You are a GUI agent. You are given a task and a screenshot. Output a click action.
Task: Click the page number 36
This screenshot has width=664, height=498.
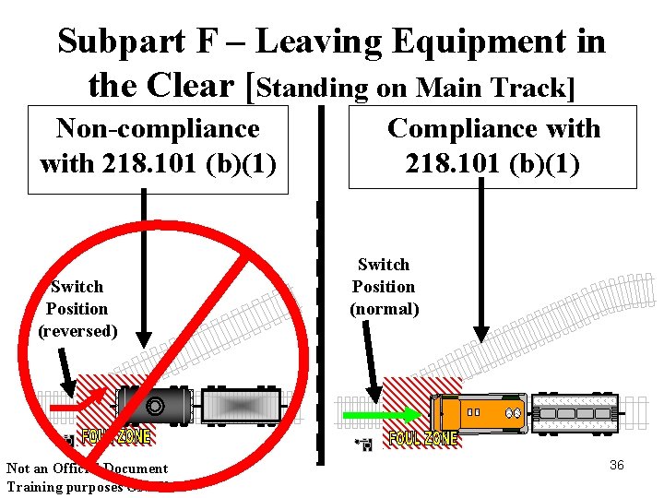click(617, 465)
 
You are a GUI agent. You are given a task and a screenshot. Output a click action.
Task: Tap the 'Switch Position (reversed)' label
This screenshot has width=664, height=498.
click(77, 309)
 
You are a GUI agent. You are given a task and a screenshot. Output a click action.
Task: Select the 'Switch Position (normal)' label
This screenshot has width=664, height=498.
click(384, 287)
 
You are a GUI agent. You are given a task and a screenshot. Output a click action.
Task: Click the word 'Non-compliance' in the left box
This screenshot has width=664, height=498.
click(158, 129)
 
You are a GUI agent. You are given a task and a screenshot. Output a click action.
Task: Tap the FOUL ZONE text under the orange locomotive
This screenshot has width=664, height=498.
click(422, 439)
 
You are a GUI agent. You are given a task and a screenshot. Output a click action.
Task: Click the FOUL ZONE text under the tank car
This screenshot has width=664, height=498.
click(116, 435)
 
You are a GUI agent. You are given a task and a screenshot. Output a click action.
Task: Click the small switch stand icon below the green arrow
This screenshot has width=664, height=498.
click(366, 445)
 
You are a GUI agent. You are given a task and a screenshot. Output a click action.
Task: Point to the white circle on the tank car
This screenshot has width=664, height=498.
click(155, 405)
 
